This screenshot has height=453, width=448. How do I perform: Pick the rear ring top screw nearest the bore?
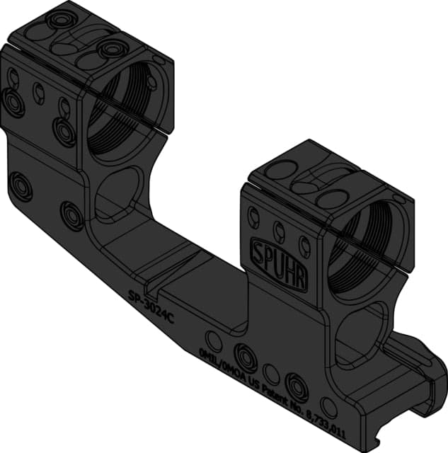tap(113, 50)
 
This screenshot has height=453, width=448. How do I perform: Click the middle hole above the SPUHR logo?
tap(280, 229)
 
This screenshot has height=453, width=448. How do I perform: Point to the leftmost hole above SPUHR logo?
tap(254, 216)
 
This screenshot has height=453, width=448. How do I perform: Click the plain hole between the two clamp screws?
tap(270, 372)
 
